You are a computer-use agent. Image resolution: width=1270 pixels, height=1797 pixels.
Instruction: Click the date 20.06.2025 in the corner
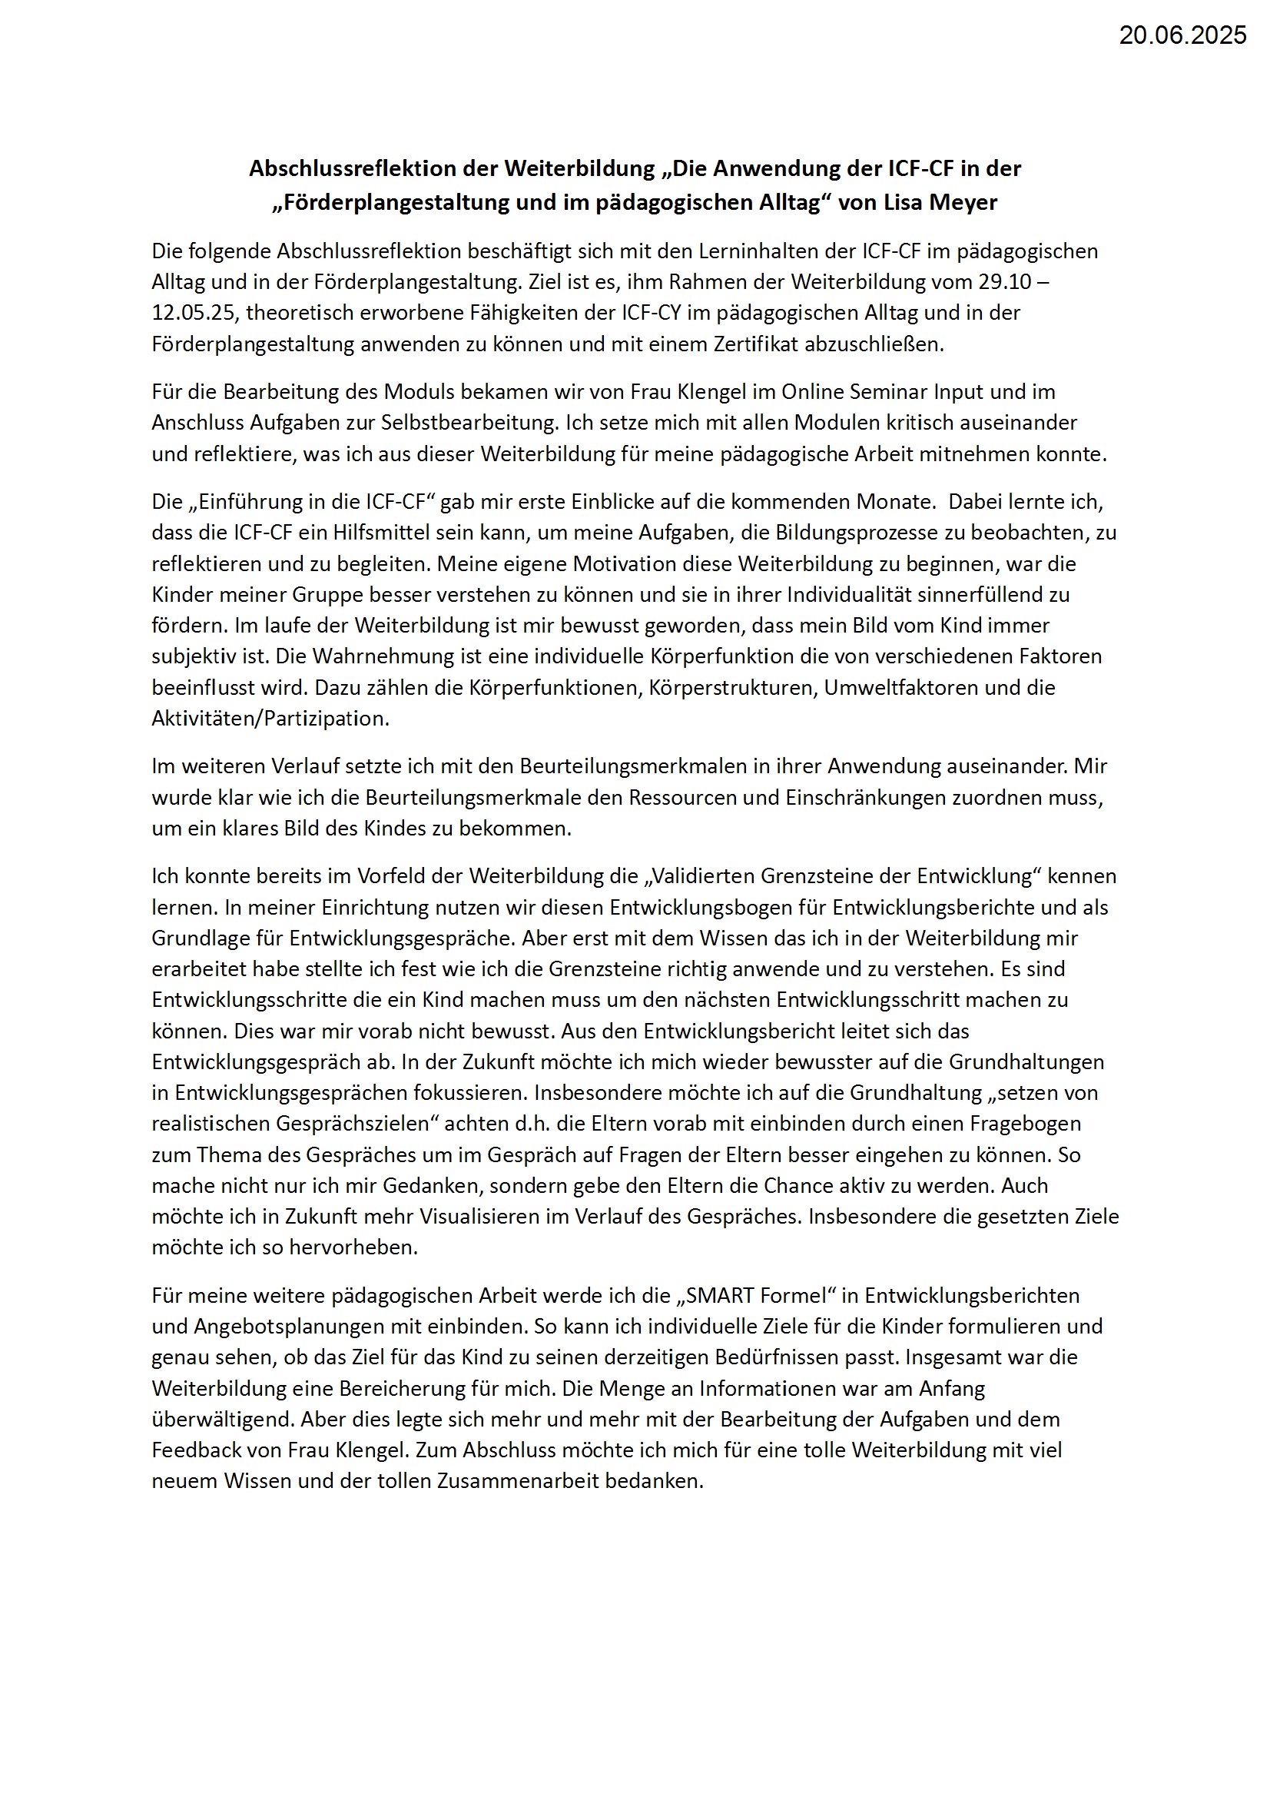click(x=1182, y=35)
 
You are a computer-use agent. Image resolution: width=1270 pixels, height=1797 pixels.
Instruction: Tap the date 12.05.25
click(x=195, y=313)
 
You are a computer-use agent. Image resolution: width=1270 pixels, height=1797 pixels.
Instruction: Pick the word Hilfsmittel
click(x=375, y=533)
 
